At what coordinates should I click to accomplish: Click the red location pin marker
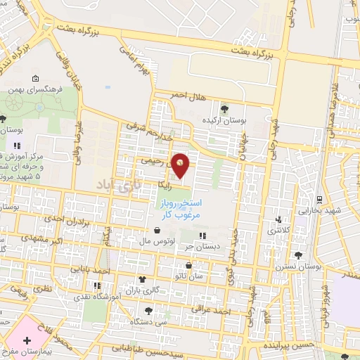(181, 165)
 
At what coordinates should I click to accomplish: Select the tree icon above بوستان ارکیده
(225, 108)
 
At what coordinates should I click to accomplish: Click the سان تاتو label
(191, 277)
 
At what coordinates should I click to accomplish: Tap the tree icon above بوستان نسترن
(300, 255)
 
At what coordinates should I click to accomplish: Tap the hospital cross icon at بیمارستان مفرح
(27, 340)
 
